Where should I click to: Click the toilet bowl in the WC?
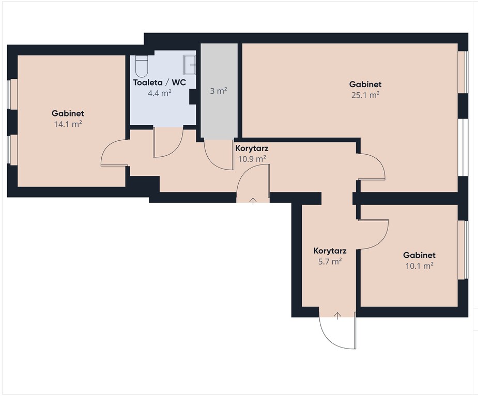coord(142,66)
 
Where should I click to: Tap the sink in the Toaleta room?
coord(190,65)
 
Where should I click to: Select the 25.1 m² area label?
coord(365,95)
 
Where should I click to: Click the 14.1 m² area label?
coord(68,124)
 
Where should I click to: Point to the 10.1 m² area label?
coord(420,266)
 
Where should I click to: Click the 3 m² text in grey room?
coord(219,91)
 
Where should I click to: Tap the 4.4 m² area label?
coord(160,93)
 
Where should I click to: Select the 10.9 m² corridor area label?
coord(252,158)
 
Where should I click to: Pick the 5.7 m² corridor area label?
coord(330,261)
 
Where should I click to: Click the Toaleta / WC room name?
coord(160,82)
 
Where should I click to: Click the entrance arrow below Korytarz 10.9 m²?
coord(253,201)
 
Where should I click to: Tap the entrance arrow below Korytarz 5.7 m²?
coord(337,316)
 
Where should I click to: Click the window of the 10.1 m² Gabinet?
coord(464,250)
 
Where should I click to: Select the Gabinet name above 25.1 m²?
coord(365,84)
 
